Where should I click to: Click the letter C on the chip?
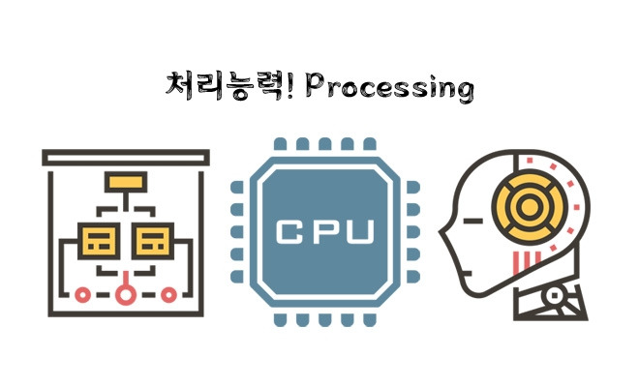(x=289, y=232)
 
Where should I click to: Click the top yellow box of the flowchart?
(x=123, y=180)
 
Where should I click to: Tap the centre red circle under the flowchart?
(x=123, y=293)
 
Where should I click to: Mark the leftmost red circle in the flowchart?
(x=82, y=293)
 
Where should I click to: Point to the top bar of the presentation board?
(x=126, y=156)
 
